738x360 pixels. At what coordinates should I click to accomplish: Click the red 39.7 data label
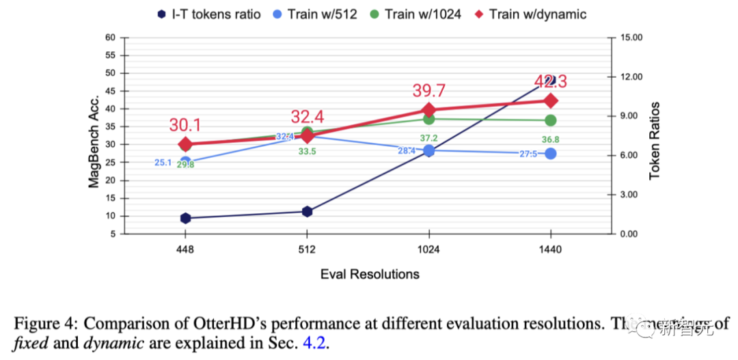coord(429,91)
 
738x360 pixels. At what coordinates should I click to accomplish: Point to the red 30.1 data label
coord(186,124)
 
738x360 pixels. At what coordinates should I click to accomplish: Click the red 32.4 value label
coord(307,115)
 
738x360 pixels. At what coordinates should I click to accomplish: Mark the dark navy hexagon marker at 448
coord(185,218)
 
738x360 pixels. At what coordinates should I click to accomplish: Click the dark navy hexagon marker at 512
coord(307,212)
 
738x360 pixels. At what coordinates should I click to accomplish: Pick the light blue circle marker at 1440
coord(550,154)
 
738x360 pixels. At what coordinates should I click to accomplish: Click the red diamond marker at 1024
coord(429,110)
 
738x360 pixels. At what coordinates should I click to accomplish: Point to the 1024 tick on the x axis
coord(429,249)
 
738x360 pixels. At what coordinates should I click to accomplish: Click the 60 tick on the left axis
coord(110,38)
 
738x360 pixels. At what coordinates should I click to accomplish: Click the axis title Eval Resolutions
coord(370,274)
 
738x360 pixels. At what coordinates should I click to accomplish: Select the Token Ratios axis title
coord(655,141)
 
